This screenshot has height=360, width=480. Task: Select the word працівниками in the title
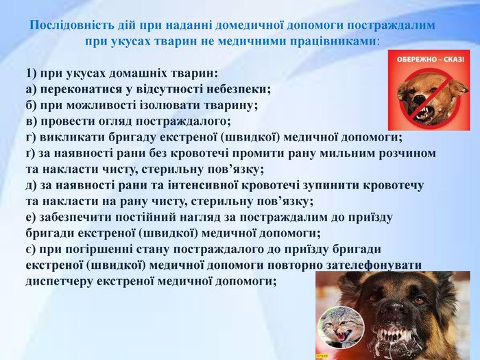pos(332,40)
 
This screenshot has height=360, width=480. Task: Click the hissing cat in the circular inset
pos(340,330)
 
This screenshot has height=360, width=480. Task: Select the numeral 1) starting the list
pos(31,73)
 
